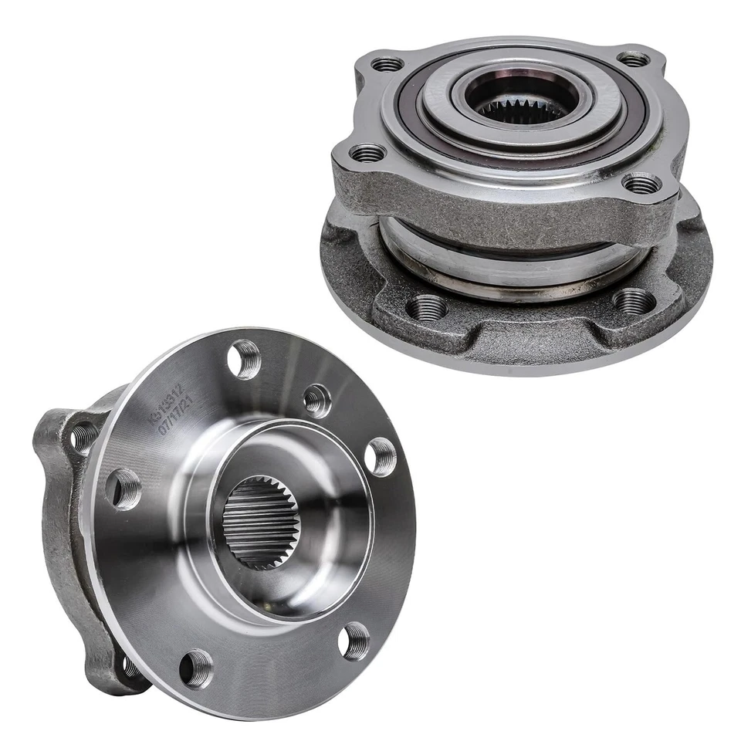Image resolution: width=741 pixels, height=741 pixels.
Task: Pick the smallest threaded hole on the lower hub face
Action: click(316, 401)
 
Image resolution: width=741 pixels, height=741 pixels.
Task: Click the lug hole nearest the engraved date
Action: click(245, 359)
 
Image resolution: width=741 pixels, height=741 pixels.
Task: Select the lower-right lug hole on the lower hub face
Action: click(355, 641)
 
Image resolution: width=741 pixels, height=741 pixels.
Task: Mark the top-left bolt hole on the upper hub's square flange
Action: click(388, 64)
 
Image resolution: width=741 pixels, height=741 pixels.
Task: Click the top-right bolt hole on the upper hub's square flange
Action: click(634, 59)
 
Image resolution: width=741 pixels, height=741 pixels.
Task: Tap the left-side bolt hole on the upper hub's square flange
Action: click(368, 154)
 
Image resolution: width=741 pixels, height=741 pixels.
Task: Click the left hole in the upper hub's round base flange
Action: click(427, 308)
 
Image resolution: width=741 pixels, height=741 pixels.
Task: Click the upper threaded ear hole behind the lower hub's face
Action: click(83, 436)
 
